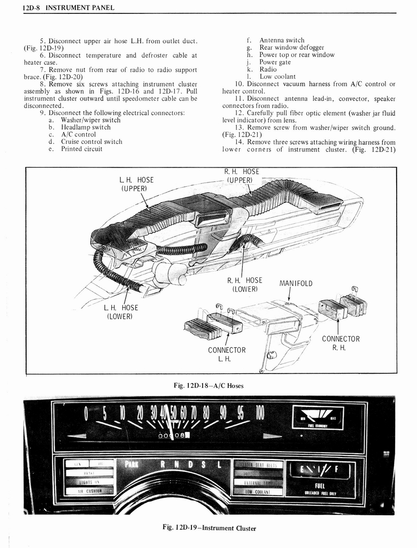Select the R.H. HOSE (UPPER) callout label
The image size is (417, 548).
click(x=242, y=176)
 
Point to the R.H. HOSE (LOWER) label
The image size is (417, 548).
click(x=244, y=284)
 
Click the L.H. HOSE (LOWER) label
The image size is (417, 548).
click(x=121, y=311)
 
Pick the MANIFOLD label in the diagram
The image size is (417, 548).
click(x=296, y=283)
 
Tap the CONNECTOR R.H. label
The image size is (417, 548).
click(x=341, y=343)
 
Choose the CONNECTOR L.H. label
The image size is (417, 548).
click(x=227, y=354)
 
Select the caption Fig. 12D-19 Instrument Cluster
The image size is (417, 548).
click(x=209, y=528)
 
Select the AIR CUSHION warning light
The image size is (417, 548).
click(x=89, y=490)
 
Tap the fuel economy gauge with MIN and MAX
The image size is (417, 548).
click(x=318, y=417)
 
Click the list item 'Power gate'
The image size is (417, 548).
click(x=275, y=62)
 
